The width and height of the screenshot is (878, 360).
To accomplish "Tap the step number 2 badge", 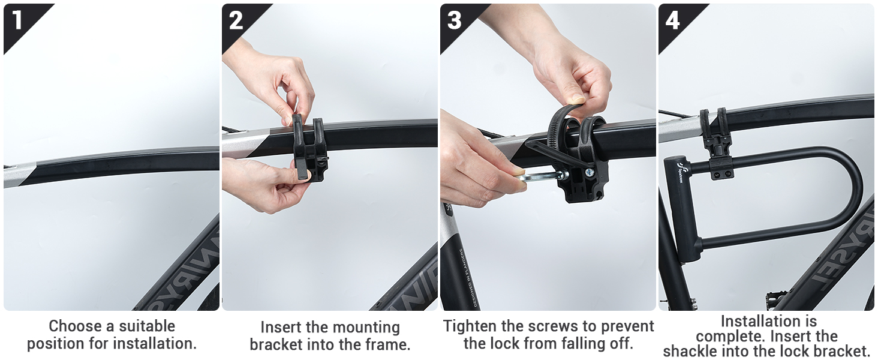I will pyautogui.click(x=236, y=20).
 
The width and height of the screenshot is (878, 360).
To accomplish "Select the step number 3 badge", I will pyautogui.click(x=454, y=20).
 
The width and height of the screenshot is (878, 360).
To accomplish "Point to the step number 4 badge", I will pyautogui.click(x=672, y=20).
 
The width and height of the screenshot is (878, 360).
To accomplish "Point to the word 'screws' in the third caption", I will pyautogui.click(x=567, y=326).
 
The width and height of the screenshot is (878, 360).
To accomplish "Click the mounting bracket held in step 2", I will pyautogui.click(x=309, y=150).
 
